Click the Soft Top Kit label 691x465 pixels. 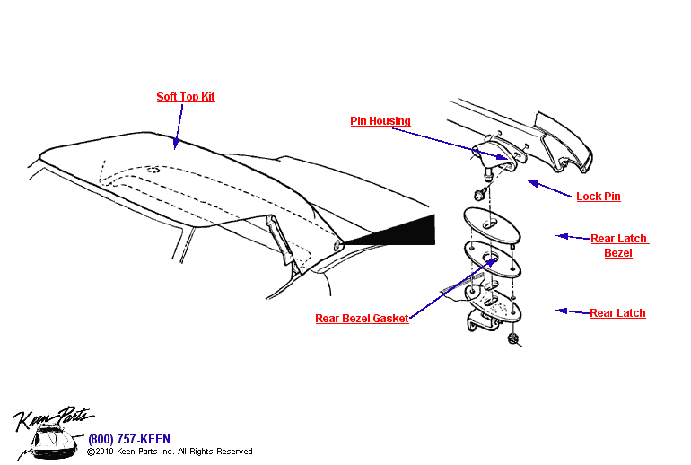(186, 97)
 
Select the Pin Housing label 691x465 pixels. (380, 121)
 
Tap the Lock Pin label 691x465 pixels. (598, 197)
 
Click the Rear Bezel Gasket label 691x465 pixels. (362, 319)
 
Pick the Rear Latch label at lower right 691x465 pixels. (617, 313)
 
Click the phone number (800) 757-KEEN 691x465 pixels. (128, 439)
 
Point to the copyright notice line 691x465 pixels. (170, 452)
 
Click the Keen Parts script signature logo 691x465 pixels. (51, 418)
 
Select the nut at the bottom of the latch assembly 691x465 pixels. (514, 338)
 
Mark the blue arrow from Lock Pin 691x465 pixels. (550, 189)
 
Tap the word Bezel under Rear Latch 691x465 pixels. (617, 253)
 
